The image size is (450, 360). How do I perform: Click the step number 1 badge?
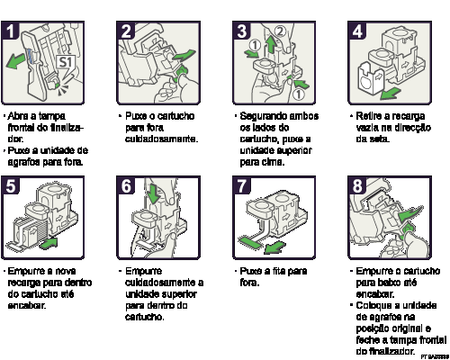(12, 31)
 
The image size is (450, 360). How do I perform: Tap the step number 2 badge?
(127, 31)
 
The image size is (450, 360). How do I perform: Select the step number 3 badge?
(242, 31)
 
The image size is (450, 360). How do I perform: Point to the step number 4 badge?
(357, 31)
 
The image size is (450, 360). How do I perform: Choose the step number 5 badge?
(12, 186)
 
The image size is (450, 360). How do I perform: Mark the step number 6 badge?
(127, 186)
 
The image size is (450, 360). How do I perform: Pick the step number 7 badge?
(242, 186)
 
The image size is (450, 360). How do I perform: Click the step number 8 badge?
(357, 186)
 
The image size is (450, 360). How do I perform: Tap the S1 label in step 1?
(65, 62)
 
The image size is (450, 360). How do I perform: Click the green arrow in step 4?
(389, 94)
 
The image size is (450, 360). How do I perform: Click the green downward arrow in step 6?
(152, 193)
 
